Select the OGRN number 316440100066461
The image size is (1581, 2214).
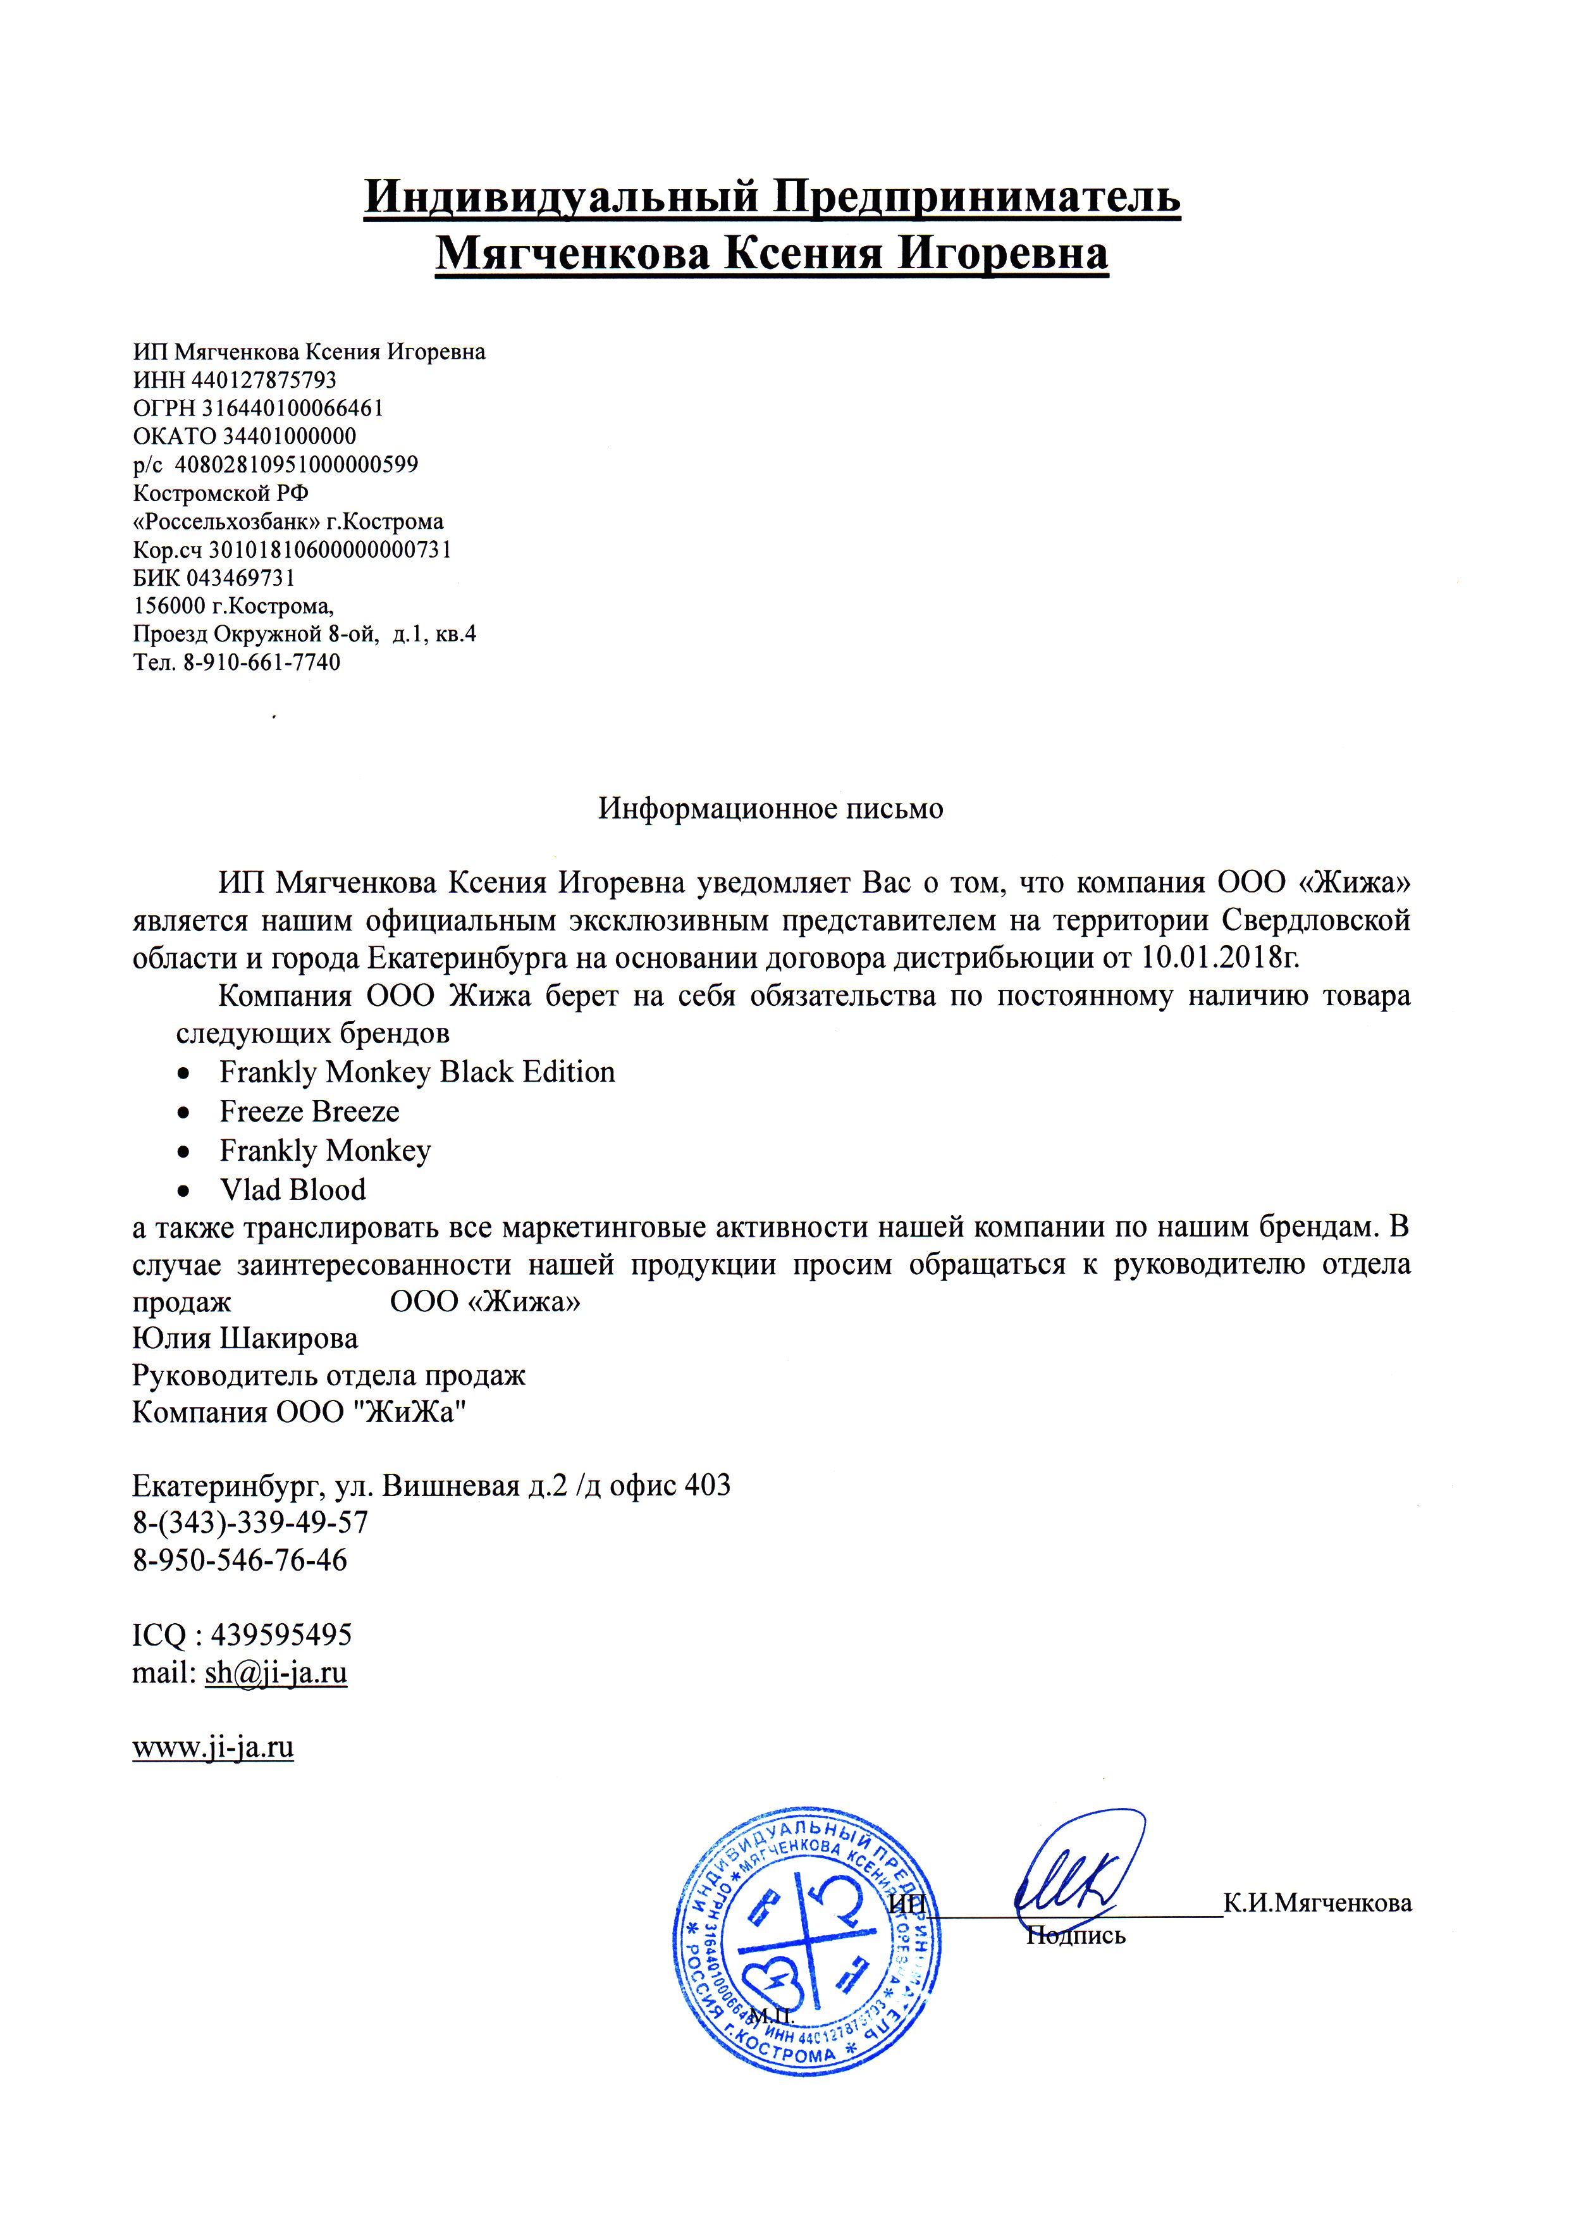click(292, 408)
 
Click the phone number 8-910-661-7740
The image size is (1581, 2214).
click(261, 663)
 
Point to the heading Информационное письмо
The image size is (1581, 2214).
click(770, 809)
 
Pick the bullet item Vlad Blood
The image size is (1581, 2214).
click(292, 1190)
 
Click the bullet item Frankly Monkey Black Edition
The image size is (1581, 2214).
click(417, 1073)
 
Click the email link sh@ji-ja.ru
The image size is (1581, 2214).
click(276, 1673)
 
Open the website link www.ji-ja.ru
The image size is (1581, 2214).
click(213, 1748)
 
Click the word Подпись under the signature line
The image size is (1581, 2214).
click(1076, 1936)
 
